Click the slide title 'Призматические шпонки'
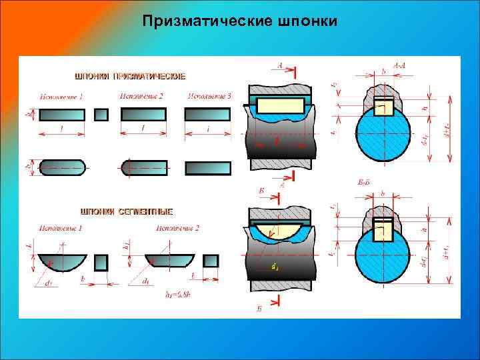(240, 22)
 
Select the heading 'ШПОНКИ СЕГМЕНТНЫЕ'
(127, 211)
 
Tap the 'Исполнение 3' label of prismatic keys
(209, 97)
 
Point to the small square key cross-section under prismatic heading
(101, 115)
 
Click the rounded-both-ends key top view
(63, 167)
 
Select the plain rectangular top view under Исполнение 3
(207, 168)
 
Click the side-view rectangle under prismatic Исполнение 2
(143, 115)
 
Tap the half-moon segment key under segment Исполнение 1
(63, 261)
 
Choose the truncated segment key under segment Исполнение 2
(170, 260)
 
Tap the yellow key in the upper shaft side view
(280, 105)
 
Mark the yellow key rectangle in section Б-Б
(383, 230)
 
